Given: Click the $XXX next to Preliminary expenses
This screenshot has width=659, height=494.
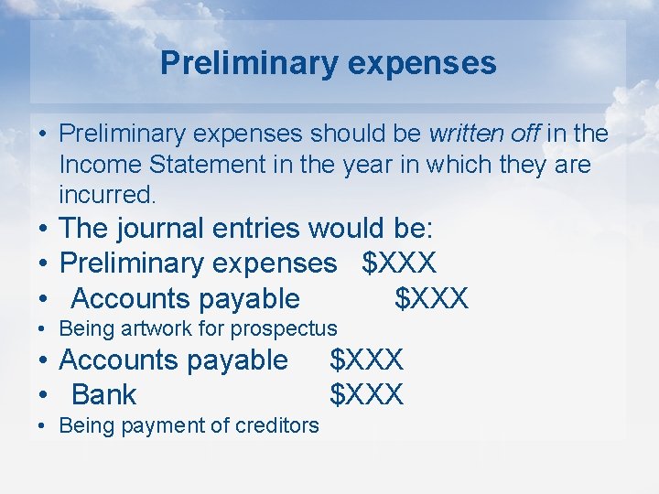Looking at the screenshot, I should [x=399, y=263].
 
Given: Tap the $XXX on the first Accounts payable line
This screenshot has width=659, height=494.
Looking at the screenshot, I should [x=431, y=298].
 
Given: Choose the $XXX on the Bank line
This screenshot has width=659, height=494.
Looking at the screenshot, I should [x=366, y=395].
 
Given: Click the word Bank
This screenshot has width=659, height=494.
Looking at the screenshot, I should [x=103, y=395].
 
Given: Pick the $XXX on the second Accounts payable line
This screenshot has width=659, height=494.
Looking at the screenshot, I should [x=366, y=360].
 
